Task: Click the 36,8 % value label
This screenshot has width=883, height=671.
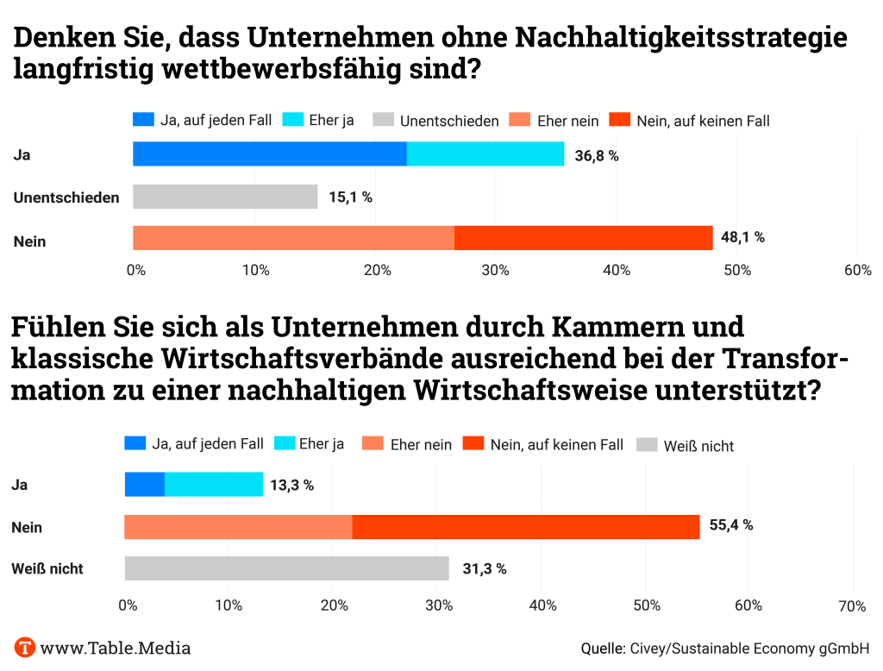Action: pyautogui.click(x=597, y=155)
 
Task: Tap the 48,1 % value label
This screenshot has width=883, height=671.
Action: pyautogui.click(x=742, y=237)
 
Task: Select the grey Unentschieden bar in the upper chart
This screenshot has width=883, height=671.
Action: pyautogui.click(x=225, y=197)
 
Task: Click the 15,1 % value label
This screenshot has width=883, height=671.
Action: pyautogui.click(x=350, y=198)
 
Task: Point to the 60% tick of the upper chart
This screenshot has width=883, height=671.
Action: pyautogui.click(x=857, y=271)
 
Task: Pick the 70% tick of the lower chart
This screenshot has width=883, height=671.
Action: pyautogui.click(x=852, y=606)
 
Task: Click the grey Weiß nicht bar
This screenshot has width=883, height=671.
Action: pyautogui.click(x=286, y=568)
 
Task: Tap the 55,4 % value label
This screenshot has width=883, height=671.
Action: pyautogui.click(x=730, y=525)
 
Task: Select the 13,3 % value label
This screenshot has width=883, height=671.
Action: pyautogui.click(x=291, y=485)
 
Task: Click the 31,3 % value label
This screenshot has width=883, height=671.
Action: pyautogui.click(x=484, y=568)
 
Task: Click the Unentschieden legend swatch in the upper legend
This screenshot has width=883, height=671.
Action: pyautogui.click(x=384, y=120)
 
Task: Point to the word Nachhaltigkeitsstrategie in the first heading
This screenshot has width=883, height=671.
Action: pyautogui.click(x=681, y=38)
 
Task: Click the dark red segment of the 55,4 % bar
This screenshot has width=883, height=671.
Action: pyautogui.click(x=526, y=527)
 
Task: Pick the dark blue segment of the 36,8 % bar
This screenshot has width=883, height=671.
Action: pyautogui.click(x=270, y=154)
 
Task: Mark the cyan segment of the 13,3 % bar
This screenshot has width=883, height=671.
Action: pyautogui.click(x=214, y=485)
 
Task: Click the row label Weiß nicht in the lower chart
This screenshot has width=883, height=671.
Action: pyautogui.click(x=47, y=569)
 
